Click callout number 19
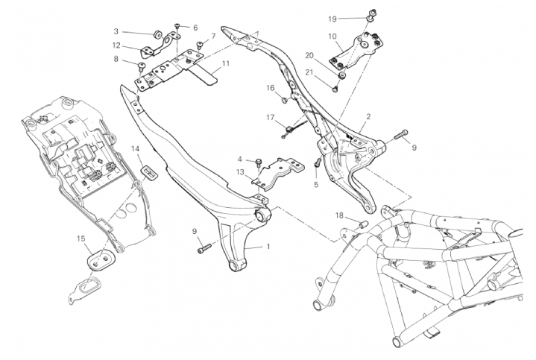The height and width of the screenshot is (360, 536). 332,17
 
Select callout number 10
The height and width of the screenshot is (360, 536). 332,36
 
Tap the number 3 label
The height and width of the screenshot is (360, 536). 116,31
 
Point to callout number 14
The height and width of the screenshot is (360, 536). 136,149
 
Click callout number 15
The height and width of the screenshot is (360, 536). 81,239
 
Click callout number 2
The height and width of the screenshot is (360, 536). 368,117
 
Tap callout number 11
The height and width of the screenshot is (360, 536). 225,63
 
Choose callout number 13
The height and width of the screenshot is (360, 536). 241,172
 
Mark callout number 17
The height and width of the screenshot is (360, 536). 271,117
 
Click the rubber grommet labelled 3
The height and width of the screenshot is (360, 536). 158,34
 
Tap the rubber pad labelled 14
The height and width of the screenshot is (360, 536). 149,173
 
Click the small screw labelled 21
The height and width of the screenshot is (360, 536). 335,89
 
